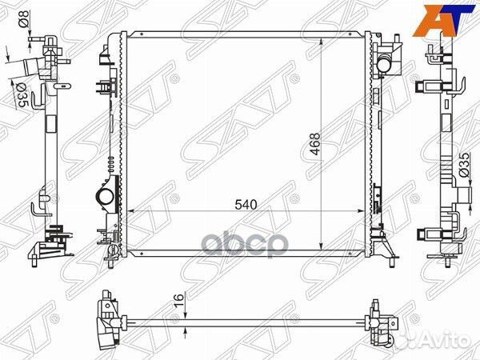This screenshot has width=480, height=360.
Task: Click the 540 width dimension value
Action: [246, 205]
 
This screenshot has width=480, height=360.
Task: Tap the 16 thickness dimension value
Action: [180, 300]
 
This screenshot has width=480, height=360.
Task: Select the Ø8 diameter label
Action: [24, 18]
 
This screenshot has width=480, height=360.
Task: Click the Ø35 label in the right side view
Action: [464, 165]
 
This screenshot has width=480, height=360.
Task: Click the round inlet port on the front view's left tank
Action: [104, 196]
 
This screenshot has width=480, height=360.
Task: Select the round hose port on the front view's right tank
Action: [383, 65]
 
